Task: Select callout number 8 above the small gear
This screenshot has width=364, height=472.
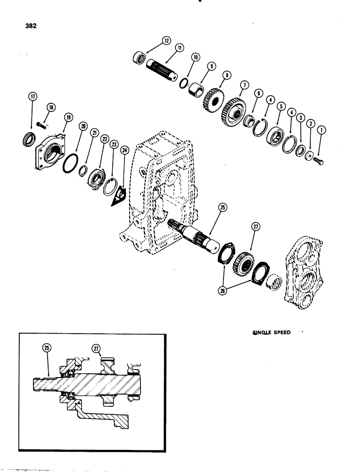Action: [x=228, y=74]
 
